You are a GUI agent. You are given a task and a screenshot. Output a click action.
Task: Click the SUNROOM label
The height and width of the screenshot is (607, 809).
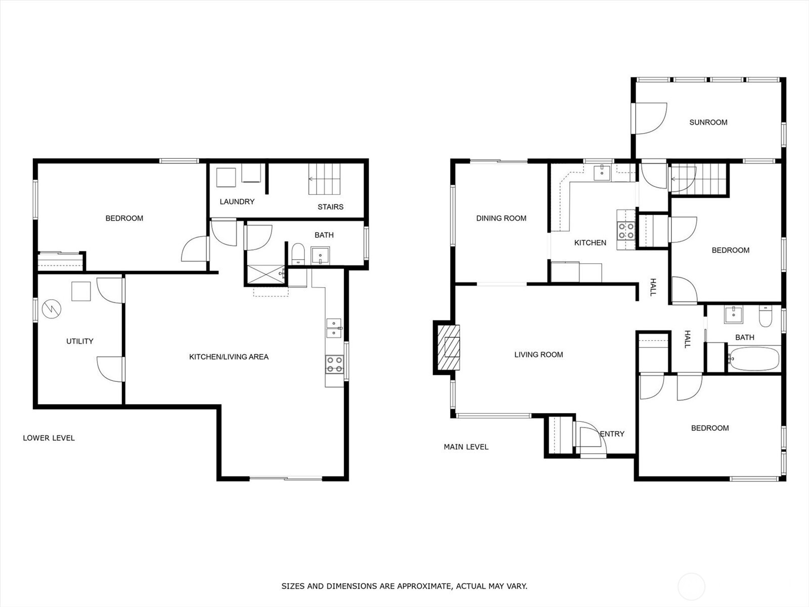pos(708,122)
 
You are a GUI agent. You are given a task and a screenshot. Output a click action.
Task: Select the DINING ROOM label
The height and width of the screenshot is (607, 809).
pos(501,218)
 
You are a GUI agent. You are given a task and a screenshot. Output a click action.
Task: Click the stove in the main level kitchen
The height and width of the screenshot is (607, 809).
pos(626,230)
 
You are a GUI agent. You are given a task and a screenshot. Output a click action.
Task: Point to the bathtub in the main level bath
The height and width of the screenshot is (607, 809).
pos(754,358)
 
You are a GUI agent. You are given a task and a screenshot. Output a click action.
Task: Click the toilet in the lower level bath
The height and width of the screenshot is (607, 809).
pos(298,254)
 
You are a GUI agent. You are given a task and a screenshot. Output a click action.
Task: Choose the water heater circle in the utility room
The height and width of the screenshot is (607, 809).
pos(52,309)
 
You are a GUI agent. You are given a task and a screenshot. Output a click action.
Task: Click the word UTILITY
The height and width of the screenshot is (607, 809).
pos(79,341)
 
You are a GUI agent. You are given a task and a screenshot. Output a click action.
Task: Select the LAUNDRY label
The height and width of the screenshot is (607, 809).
pos(237,202)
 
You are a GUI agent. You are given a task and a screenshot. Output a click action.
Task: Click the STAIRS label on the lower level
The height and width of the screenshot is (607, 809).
pos(330,207)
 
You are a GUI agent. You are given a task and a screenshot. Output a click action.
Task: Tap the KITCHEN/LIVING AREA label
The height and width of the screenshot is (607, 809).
pos(229,357)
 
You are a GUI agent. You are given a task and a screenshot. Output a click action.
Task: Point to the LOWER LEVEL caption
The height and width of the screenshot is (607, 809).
pos(49,438)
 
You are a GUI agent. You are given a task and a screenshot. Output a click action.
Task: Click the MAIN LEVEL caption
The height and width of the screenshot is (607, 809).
pos(466,447)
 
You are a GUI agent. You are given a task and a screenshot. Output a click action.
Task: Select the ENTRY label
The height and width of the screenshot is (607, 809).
pos(612,434)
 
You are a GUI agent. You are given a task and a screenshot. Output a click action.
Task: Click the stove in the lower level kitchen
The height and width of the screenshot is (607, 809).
pos(335,364)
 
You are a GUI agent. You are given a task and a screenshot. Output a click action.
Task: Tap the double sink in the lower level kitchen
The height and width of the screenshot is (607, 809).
pos(334,328)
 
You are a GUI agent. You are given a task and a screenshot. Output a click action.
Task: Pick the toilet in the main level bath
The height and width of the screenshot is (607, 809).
pos(765,316)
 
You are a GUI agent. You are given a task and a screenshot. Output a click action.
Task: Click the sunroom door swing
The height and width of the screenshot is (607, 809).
pos(651,118)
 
